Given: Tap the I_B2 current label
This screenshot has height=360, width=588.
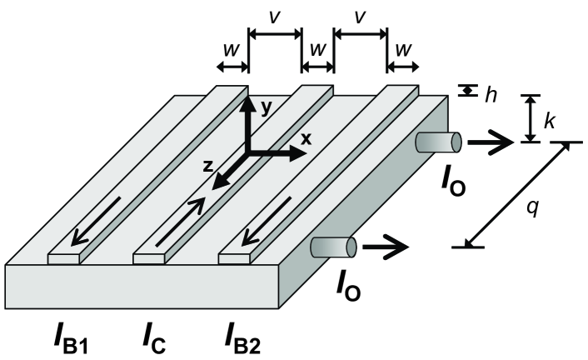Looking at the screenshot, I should pos(246,338).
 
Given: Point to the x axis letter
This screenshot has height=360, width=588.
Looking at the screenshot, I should pos(306,140).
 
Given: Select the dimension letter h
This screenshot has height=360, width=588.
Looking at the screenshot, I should pos(492,94).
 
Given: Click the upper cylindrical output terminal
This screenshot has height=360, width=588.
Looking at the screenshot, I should pos(437,142).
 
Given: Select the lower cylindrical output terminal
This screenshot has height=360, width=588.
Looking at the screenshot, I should pos(333,247).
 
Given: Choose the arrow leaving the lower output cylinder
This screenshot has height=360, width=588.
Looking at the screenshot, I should pos(387,247).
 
